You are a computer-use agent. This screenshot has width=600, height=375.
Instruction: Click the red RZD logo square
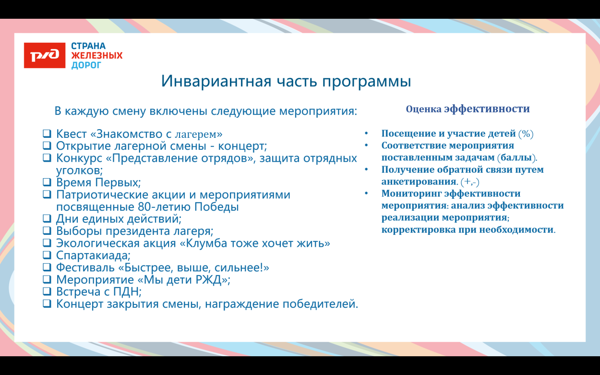coord(44,55)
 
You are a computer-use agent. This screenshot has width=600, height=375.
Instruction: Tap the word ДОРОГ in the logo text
coord(86,65)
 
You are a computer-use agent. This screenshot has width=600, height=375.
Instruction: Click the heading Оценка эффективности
coord(468,109)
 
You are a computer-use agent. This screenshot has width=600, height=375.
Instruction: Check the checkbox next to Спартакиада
coord(47,255)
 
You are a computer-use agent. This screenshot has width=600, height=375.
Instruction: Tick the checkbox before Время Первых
coord(47,182)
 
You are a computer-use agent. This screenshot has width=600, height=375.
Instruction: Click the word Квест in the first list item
coord(72,133)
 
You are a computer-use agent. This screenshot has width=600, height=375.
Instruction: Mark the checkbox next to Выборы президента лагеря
coord(47,231)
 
